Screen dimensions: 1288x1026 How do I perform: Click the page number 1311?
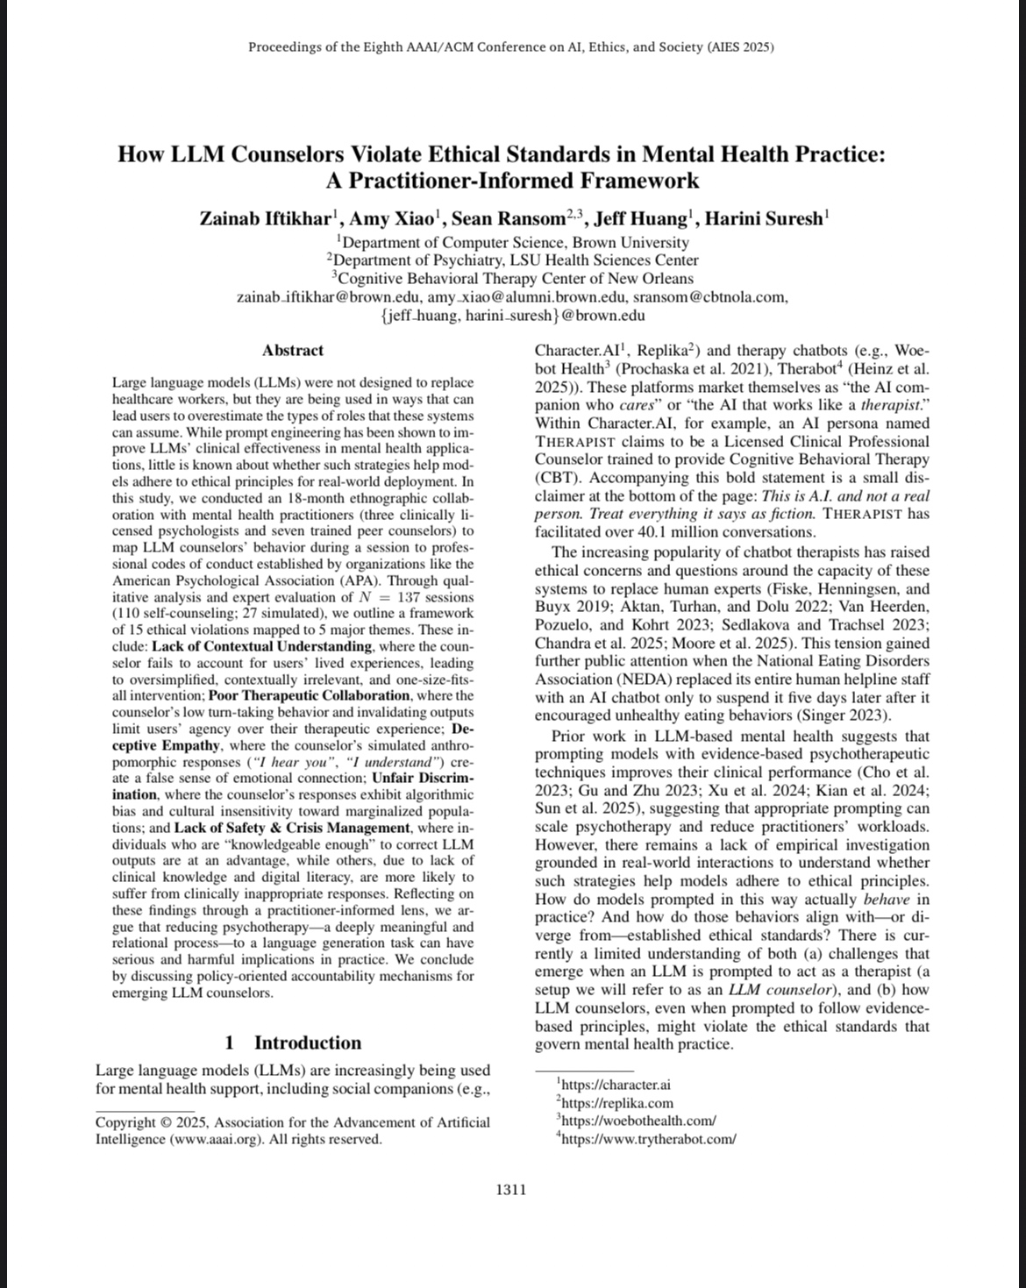pyautogui.click(x=511, y=1190)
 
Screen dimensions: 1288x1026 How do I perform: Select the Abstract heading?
pyautogui.click(x=293, y=350)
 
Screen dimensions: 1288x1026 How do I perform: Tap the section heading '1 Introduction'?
pyautogui.click(x=293, y=1042)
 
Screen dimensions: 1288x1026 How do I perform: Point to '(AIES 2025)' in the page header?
pyautogui.click(x=740, y=46)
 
